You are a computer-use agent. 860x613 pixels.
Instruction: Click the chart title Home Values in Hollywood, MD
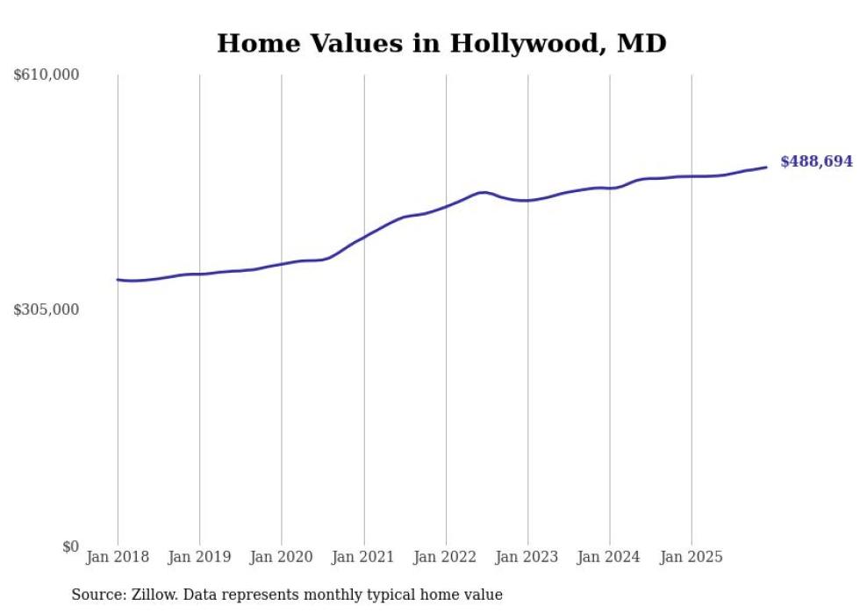(441, 43)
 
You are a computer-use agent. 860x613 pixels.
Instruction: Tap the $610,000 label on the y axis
(47, 75)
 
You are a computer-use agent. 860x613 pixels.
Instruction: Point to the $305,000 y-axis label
(47, 310)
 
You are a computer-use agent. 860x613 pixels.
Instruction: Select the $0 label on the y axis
(70, 546)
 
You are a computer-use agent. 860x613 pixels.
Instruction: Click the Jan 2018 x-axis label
(118, 557)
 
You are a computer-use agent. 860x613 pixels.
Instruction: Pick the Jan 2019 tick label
(200, 557)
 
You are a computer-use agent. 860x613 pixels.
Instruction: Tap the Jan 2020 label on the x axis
(282, 557)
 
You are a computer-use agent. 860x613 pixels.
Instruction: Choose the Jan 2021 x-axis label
(364, 557)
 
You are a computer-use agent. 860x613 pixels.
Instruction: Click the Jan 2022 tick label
(446, 557)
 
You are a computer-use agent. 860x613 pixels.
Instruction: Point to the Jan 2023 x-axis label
(528, 557)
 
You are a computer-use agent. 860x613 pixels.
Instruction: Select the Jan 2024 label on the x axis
(610, 557)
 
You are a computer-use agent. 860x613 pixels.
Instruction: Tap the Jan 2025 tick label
(692, 557)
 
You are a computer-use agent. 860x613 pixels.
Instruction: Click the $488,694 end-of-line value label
(816, 161)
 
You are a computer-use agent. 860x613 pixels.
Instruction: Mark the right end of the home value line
(766, 168)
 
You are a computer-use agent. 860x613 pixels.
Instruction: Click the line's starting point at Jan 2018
(118, 280)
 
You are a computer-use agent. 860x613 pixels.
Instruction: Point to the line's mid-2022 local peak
(483, 192)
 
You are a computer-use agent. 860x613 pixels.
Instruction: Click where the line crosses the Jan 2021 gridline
(364, 236)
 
